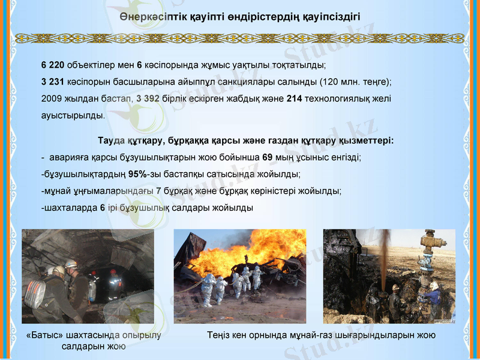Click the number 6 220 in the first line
pyautogui.click(x=53, y=64)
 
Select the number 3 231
pyautogui.click(x=53, y=81)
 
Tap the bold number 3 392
pyautogui.click(x=148, y=98)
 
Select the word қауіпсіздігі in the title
pyautogui.click(x=332, y=16)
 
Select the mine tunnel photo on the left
pyautogui.click(x=88, y=277)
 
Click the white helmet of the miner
pyautogui.click(x=71, y=263)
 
